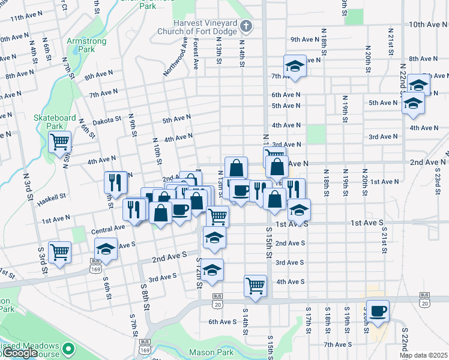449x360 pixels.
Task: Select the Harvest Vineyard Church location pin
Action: click(x=247, y=26)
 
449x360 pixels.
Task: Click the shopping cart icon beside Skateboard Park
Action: click(x=60, y=143)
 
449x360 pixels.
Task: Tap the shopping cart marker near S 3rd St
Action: click(x=60, y=252)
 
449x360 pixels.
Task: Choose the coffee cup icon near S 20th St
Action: click(x=378, y=311)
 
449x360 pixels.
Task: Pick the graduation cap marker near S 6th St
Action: click(x=106, y=249)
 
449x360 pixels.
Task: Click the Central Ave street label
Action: click(x=108, y=229)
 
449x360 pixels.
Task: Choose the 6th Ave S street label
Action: click(x=222, y=322)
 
